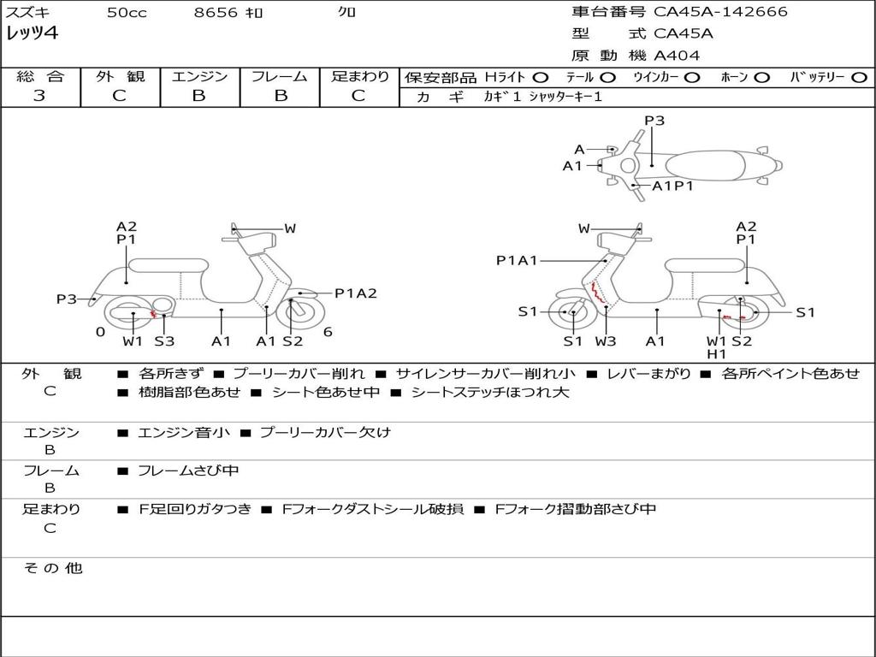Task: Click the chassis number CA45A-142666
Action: tap(720, 12)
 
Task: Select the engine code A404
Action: tap(677, 56)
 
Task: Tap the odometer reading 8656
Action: tap(216, 12)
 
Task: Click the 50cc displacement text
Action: tap(127, 12)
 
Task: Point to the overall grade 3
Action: tap(39, 96)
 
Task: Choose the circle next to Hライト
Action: tap(541, 78)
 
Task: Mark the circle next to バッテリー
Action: tap(859, 78)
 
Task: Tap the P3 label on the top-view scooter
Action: tap(654, 121)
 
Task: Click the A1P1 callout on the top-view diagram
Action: tap(672, 186)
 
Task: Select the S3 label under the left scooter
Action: tap(164, 340)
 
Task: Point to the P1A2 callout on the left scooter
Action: tap(356, 293)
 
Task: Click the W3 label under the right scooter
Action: tap(606, 340)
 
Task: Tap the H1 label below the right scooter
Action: tap(716, 354)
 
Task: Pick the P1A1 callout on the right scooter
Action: tap(517, 260)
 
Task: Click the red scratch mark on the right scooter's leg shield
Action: tap(597, 293)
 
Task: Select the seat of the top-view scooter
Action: tap(705, 165)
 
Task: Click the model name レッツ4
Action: tap(32, 33)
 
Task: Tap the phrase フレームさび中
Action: tap(188, 471)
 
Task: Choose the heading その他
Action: tap(53, 568)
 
